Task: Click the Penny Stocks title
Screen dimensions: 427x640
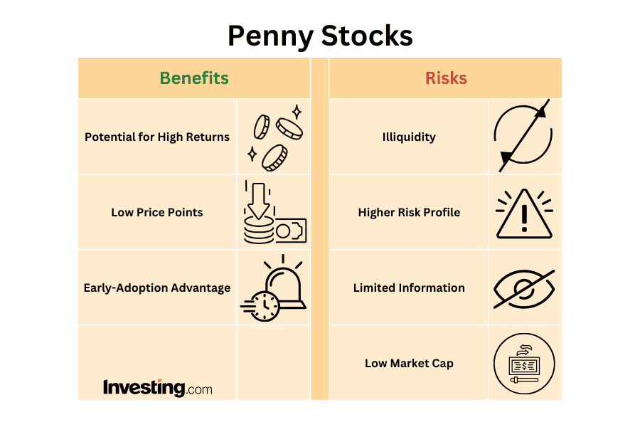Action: coord(320,36)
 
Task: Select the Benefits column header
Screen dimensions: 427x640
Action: coord(194,78)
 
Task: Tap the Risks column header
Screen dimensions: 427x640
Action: coord(446,78)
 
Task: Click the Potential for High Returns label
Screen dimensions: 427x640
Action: coord(157,137)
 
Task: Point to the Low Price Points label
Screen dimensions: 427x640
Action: coord(157,212)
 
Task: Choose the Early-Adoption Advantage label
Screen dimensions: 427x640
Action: coord(157,288)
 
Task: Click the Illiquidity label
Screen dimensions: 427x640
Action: coord(409,137)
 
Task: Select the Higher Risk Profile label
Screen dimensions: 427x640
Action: coord(409,212)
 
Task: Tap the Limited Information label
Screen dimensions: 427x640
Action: coord(409,288)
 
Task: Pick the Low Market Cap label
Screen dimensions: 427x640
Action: coord(409,363)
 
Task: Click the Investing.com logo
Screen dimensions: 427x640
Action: coord(157,388)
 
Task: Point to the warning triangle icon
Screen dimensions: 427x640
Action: coord(524,214)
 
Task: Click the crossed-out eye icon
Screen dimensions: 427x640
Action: coord(524,288)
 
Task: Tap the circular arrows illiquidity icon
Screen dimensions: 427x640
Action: coord(523,136)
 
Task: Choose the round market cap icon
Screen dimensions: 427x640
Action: coord(524,364)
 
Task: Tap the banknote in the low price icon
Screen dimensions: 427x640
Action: coord(291,231)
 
